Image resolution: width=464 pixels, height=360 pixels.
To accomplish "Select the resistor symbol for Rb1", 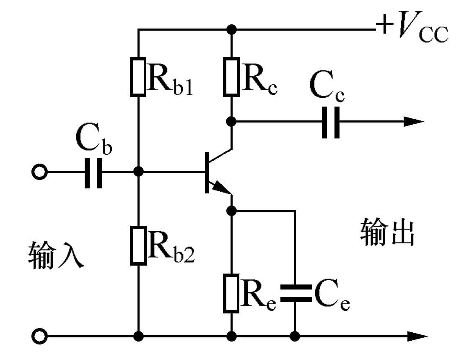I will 138,77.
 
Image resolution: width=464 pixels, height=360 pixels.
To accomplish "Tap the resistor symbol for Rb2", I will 138,245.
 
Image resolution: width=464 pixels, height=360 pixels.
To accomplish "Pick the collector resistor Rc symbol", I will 231,77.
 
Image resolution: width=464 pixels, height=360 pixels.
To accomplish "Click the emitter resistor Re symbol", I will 231,293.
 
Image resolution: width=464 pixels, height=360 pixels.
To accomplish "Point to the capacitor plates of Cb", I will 93,172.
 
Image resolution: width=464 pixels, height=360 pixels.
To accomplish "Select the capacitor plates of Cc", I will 331,122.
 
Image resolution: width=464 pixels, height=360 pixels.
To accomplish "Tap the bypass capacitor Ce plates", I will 295,293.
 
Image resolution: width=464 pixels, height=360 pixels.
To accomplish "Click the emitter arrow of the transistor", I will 221,190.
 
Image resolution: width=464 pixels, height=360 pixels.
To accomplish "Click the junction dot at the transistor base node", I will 138,172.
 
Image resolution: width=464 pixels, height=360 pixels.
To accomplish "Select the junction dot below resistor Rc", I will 231,122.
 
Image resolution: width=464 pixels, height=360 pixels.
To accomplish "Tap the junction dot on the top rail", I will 231,29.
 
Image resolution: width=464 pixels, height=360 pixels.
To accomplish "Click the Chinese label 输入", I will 56,255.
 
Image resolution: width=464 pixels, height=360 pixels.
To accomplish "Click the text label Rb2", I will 171,250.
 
